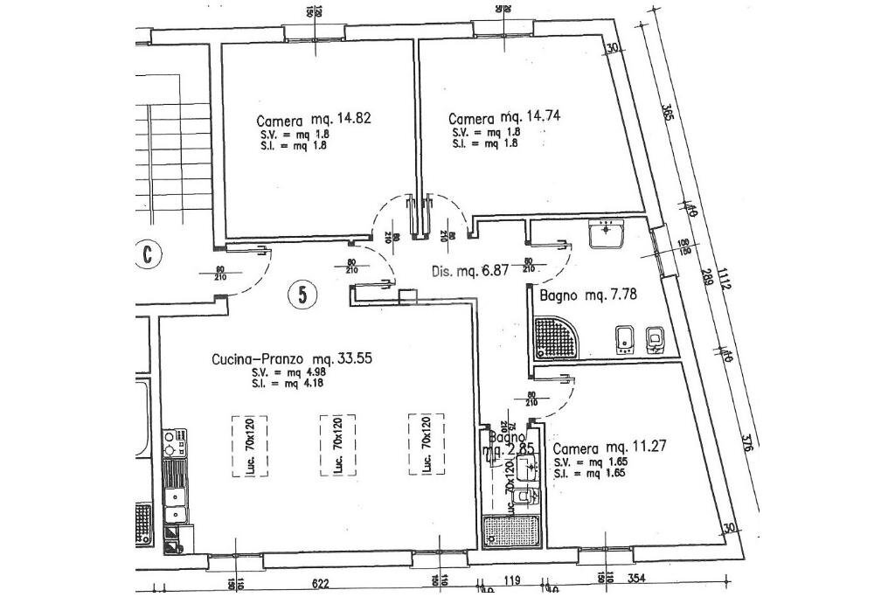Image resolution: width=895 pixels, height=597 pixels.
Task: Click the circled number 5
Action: pyautogui.click(x=302, y=295)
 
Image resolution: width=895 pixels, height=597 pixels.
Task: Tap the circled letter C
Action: pyautogui.click(x=149, y=255)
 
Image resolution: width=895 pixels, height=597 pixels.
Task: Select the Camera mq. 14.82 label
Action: pyautogui.click(x=314, y=121)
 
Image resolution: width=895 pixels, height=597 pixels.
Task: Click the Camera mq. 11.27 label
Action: pyautogui.click(x=610, y=446)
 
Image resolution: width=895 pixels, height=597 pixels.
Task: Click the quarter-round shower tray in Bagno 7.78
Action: pyautogui.click(x=552, y=337)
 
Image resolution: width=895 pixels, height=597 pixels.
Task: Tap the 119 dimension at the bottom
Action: pyautogui.click(x=512, y=580)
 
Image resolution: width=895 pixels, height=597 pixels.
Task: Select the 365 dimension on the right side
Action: pyautogui.click(x=667, y=113)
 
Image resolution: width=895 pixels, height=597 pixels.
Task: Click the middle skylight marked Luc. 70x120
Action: pyautogui.click(x=337, y=445)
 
